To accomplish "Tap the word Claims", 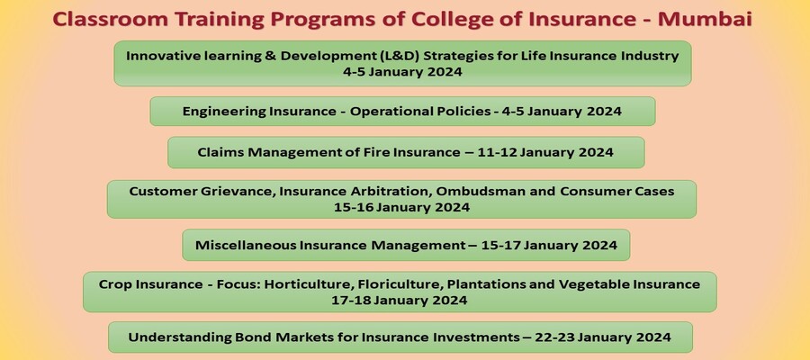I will [220, 152].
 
